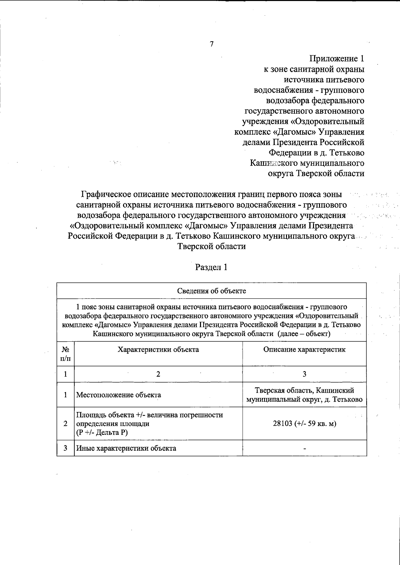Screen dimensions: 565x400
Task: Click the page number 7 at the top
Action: click(x=211, y=44)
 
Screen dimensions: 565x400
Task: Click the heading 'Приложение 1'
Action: click(x=337, y=59)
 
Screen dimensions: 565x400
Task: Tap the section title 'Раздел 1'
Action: click(x=211, y=267)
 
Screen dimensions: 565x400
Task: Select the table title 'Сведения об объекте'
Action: click(x=211, y=291)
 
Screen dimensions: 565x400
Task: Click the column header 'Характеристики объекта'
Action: click(x=158, y=349)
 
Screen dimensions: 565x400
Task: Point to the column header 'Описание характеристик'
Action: click(x=304, y=349)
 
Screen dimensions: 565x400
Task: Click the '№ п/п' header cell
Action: click(x=65, y=354)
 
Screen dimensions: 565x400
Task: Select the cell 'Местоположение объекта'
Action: click(x=119, y=395)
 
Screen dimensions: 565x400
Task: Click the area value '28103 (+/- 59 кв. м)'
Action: click(x=304, y=424)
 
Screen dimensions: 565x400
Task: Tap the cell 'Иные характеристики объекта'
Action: click(x=126, y=448)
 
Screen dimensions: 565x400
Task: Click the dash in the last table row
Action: click(x=304, y=449)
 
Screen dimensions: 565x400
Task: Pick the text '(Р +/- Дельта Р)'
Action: click(x=102, y=432)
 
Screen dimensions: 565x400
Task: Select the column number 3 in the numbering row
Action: click(x=304, y=374)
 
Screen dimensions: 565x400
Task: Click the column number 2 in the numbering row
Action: click(x=158, y=374)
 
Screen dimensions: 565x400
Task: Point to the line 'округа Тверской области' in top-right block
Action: click(x=316, y=174)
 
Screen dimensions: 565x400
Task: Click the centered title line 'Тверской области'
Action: click(x=212, y=247)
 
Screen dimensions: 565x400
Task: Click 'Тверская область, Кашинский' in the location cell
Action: click(x=304, y=390)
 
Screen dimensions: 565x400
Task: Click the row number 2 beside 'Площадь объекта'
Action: click(x=65, y=424)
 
